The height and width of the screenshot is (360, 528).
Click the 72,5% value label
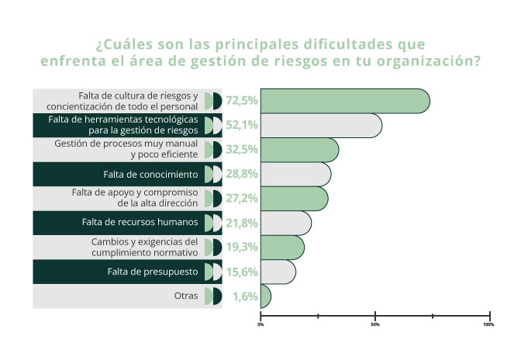(x=242, y=101)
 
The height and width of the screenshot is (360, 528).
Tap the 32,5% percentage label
(x=242, y=150)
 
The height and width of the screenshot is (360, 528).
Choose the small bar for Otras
(x=265, y=296)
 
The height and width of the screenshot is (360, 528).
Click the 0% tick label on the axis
(x=261, y=324)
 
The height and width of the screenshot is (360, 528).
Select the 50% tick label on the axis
(x=375, y=324)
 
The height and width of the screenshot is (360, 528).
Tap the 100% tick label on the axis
(x=488, y=324)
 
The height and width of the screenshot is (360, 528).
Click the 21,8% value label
(x=242, y=223)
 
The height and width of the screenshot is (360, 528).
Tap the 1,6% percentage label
(x=245, y=296)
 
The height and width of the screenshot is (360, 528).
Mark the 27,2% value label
(x=242, y=199)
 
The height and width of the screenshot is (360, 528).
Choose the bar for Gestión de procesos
(x=299, y=150)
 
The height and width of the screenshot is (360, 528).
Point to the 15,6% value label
(x=242, y=272)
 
